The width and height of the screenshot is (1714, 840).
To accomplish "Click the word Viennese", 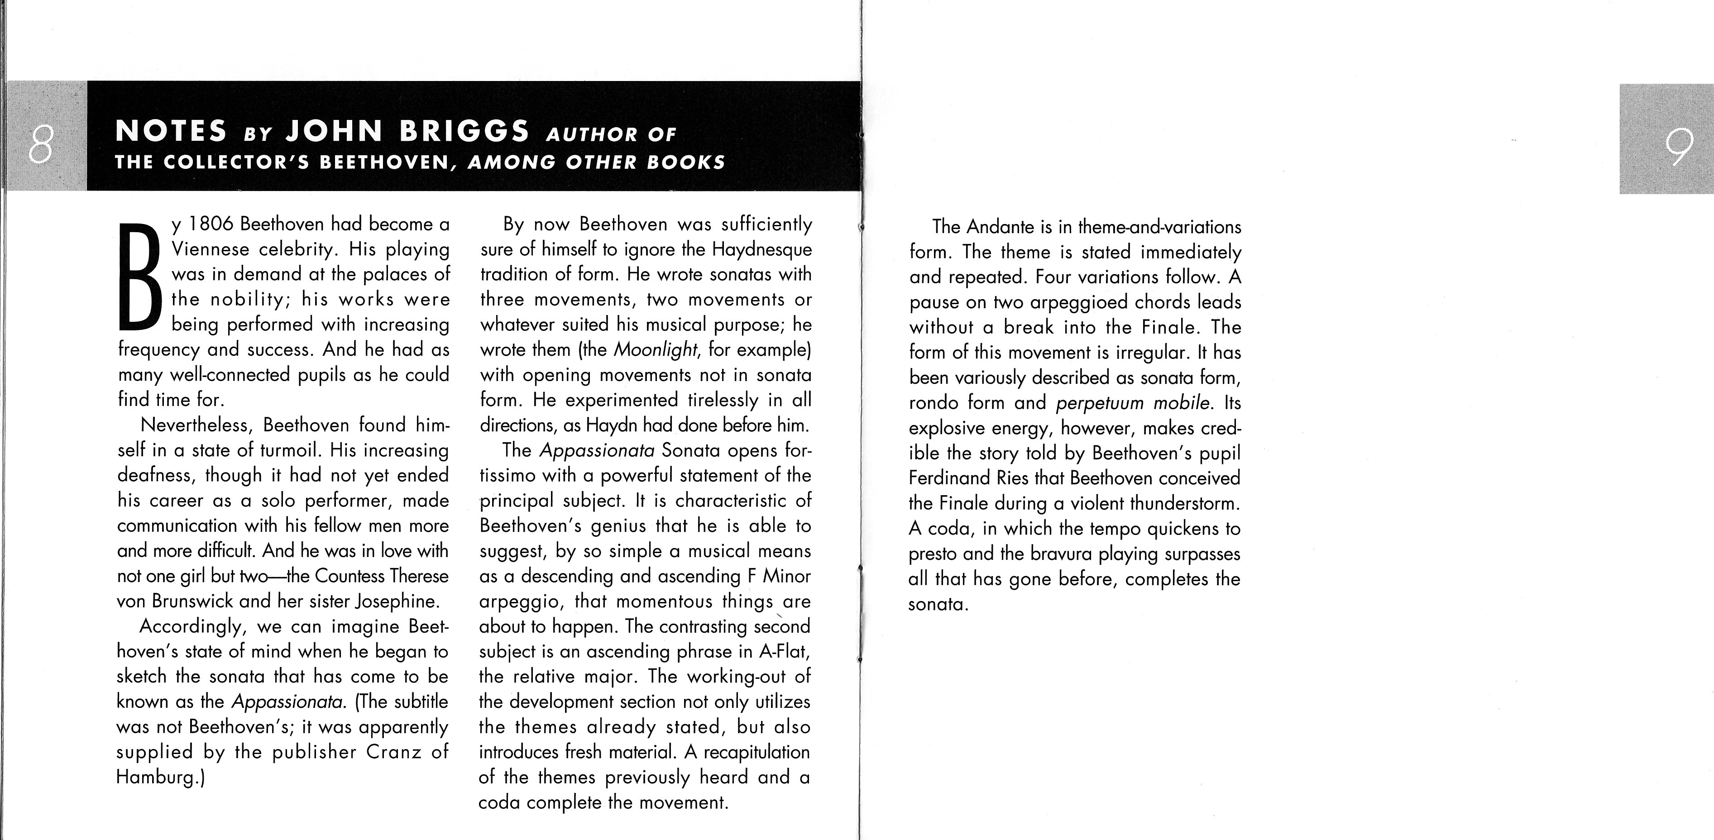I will tap(210, 249).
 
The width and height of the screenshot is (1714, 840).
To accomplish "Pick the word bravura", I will tap(1061, 554).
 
